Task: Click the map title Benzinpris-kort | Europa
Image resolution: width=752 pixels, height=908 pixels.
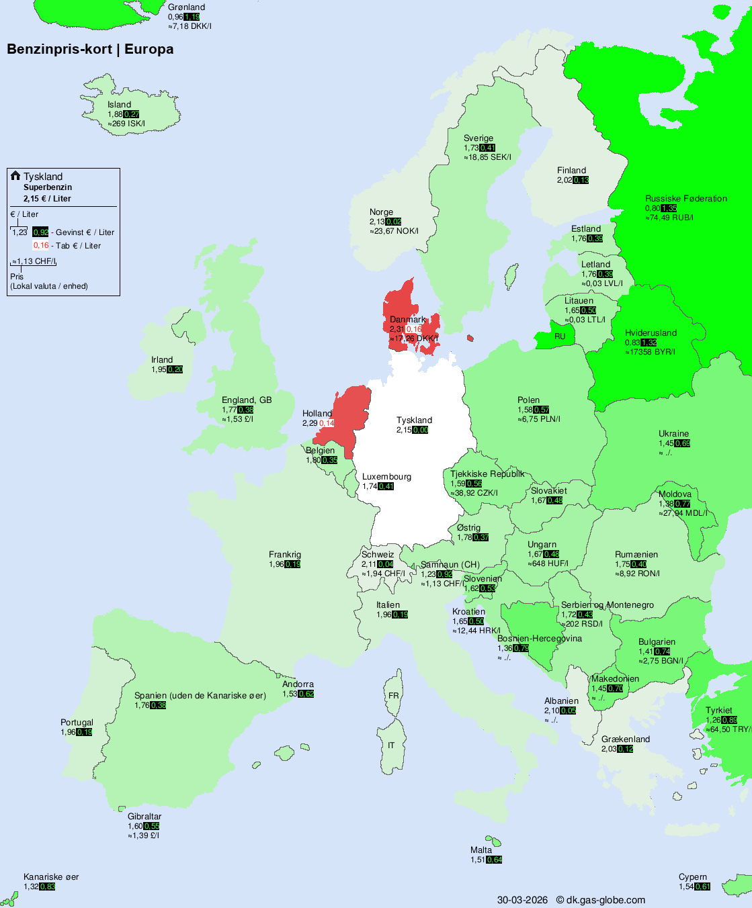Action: point(90,49)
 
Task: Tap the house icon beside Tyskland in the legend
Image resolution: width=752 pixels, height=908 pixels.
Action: point(15,176)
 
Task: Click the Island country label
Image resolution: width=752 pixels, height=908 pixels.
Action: point(119,105)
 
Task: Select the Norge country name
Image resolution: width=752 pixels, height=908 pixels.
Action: point(381,212)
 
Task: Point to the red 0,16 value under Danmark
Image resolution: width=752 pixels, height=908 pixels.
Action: point(414,329)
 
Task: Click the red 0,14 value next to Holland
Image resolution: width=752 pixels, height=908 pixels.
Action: point(327,423)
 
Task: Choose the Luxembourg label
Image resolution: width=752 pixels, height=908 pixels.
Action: point(386,477)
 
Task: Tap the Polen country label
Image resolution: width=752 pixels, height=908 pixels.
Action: point(528,400)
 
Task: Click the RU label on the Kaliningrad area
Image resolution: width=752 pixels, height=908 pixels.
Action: point(560,336)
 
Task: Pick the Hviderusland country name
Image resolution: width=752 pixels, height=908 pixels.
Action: point(651,333)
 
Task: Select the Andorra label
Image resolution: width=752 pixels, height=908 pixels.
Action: point(298,684)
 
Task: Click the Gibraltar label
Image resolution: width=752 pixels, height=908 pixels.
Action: point(144,817)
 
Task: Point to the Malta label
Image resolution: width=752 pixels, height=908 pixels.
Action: point(481,850)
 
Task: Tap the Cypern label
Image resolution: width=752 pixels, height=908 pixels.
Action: point(693,877)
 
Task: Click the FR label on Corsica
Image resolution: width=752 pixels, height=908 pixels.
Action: point(393,696)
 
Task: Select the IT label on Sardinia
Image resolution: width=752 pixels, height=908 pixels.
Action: point(391,745)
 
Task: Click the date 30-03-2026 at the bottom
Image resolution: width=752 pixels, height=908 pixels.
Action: point(522,900)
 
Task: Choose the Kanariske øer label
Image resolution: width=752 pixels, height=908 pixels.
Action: point(51,877)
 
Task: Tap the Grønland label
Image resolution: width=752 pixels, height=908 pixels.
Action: point(186,7)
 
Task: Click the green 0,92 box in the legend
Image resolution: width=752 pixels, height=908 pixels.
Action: point(41,232)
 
